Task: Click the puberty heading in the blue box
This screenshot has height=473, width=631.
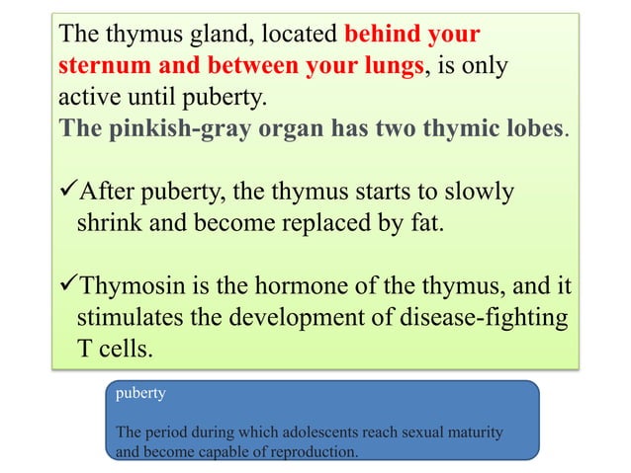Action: point(140,392)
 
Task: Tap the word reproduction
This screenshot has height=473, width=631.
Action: point(310,450)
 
